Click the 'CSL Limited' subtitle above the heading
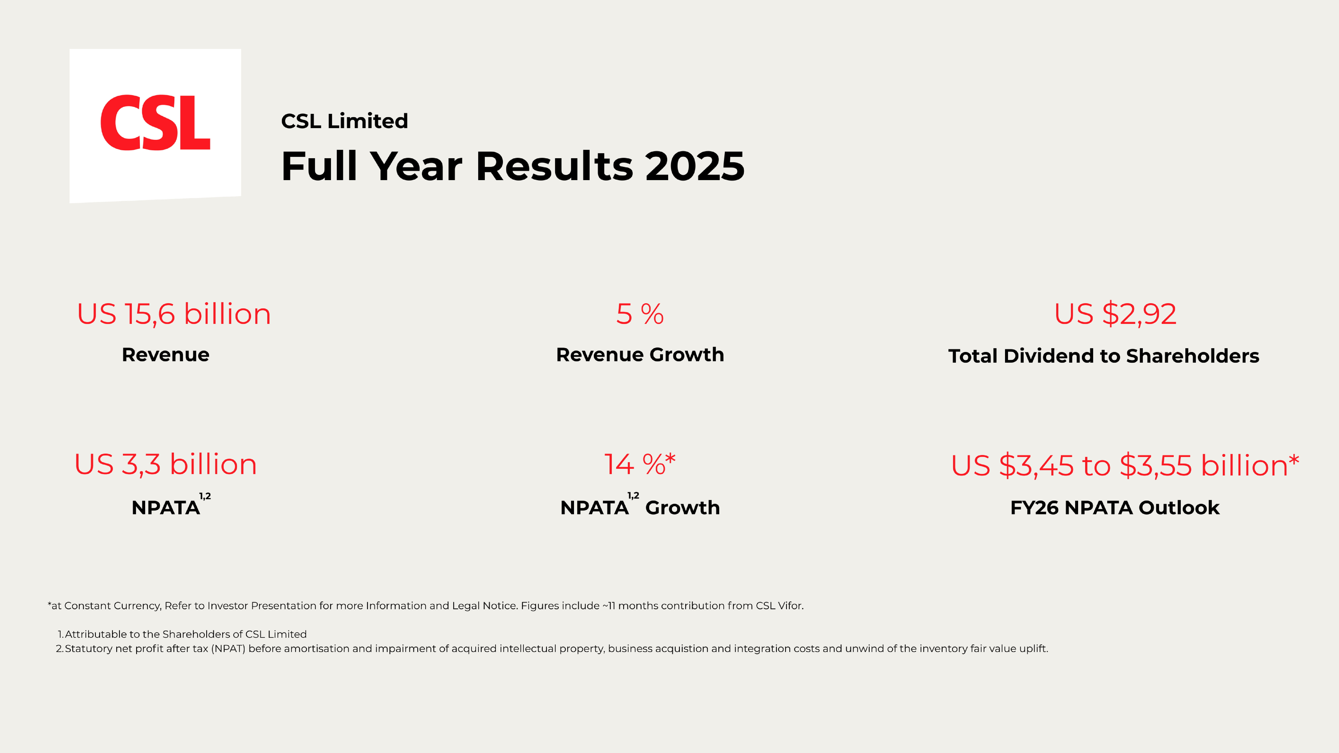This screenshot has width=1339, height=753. [345, 121]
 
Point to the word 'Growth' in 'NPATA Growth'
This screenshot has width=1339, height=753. [682, 508]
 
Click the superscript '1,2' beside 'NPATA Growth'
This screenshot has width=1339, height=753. [633, 496]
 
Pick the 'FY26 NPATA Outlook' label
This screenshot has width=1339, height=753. [1114, 508]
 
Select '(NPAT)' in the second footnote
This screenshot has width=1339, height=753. [228, 649]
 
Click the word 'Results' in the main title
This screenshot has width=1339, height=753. [554, 166]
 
